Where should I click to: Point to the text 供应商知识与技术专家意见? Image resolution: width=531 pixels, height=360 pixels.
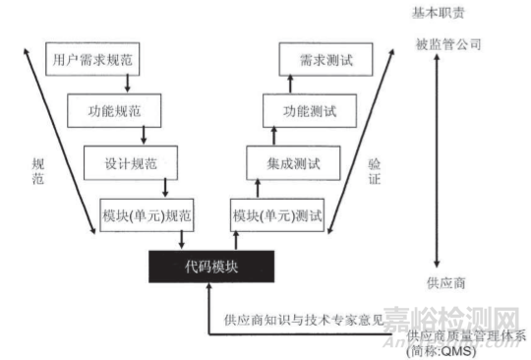coord(303,320)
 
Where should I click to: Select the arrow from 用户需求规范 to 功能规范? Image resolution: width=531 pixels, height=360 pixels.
coord(128,85)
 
